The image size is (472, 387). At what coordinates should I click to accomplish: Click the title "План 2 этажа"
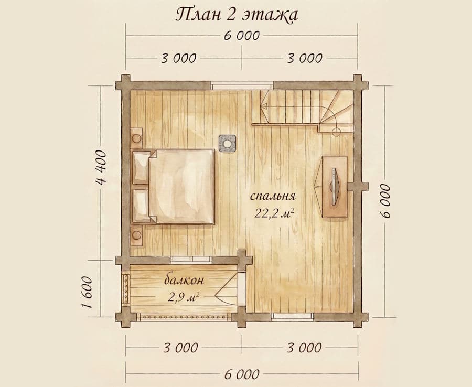pos(237,15)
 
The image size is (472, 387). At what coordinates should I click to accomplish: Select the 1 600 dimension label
pos(87,292)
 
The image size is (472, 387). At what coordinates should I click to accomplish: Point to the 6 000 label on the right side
pos(386,201)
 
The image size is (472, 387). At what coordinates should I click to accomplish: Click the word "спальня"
pos(273,197)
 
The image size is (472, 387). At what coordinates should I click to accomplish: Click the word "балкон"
pos(184,280)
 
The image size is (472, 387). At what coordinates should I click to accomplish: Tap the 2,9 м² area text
pos(184,298)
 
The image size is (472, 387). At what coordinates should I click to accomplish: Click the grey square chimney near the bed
pos(227,143)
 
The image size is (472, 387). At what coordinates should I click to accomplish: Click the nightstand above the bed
pos(137,138)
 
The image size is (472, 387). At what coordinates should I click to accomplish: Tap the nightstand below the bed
pos(137,235)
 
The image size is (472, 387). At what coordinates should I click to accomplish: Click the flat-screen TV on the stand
pos(334,187)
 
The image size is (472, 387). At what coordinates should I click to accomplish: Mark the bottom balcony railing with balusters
pos(184,317)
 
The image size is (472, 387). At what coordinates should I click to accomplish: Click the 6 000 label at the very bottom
pos(242,374)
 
